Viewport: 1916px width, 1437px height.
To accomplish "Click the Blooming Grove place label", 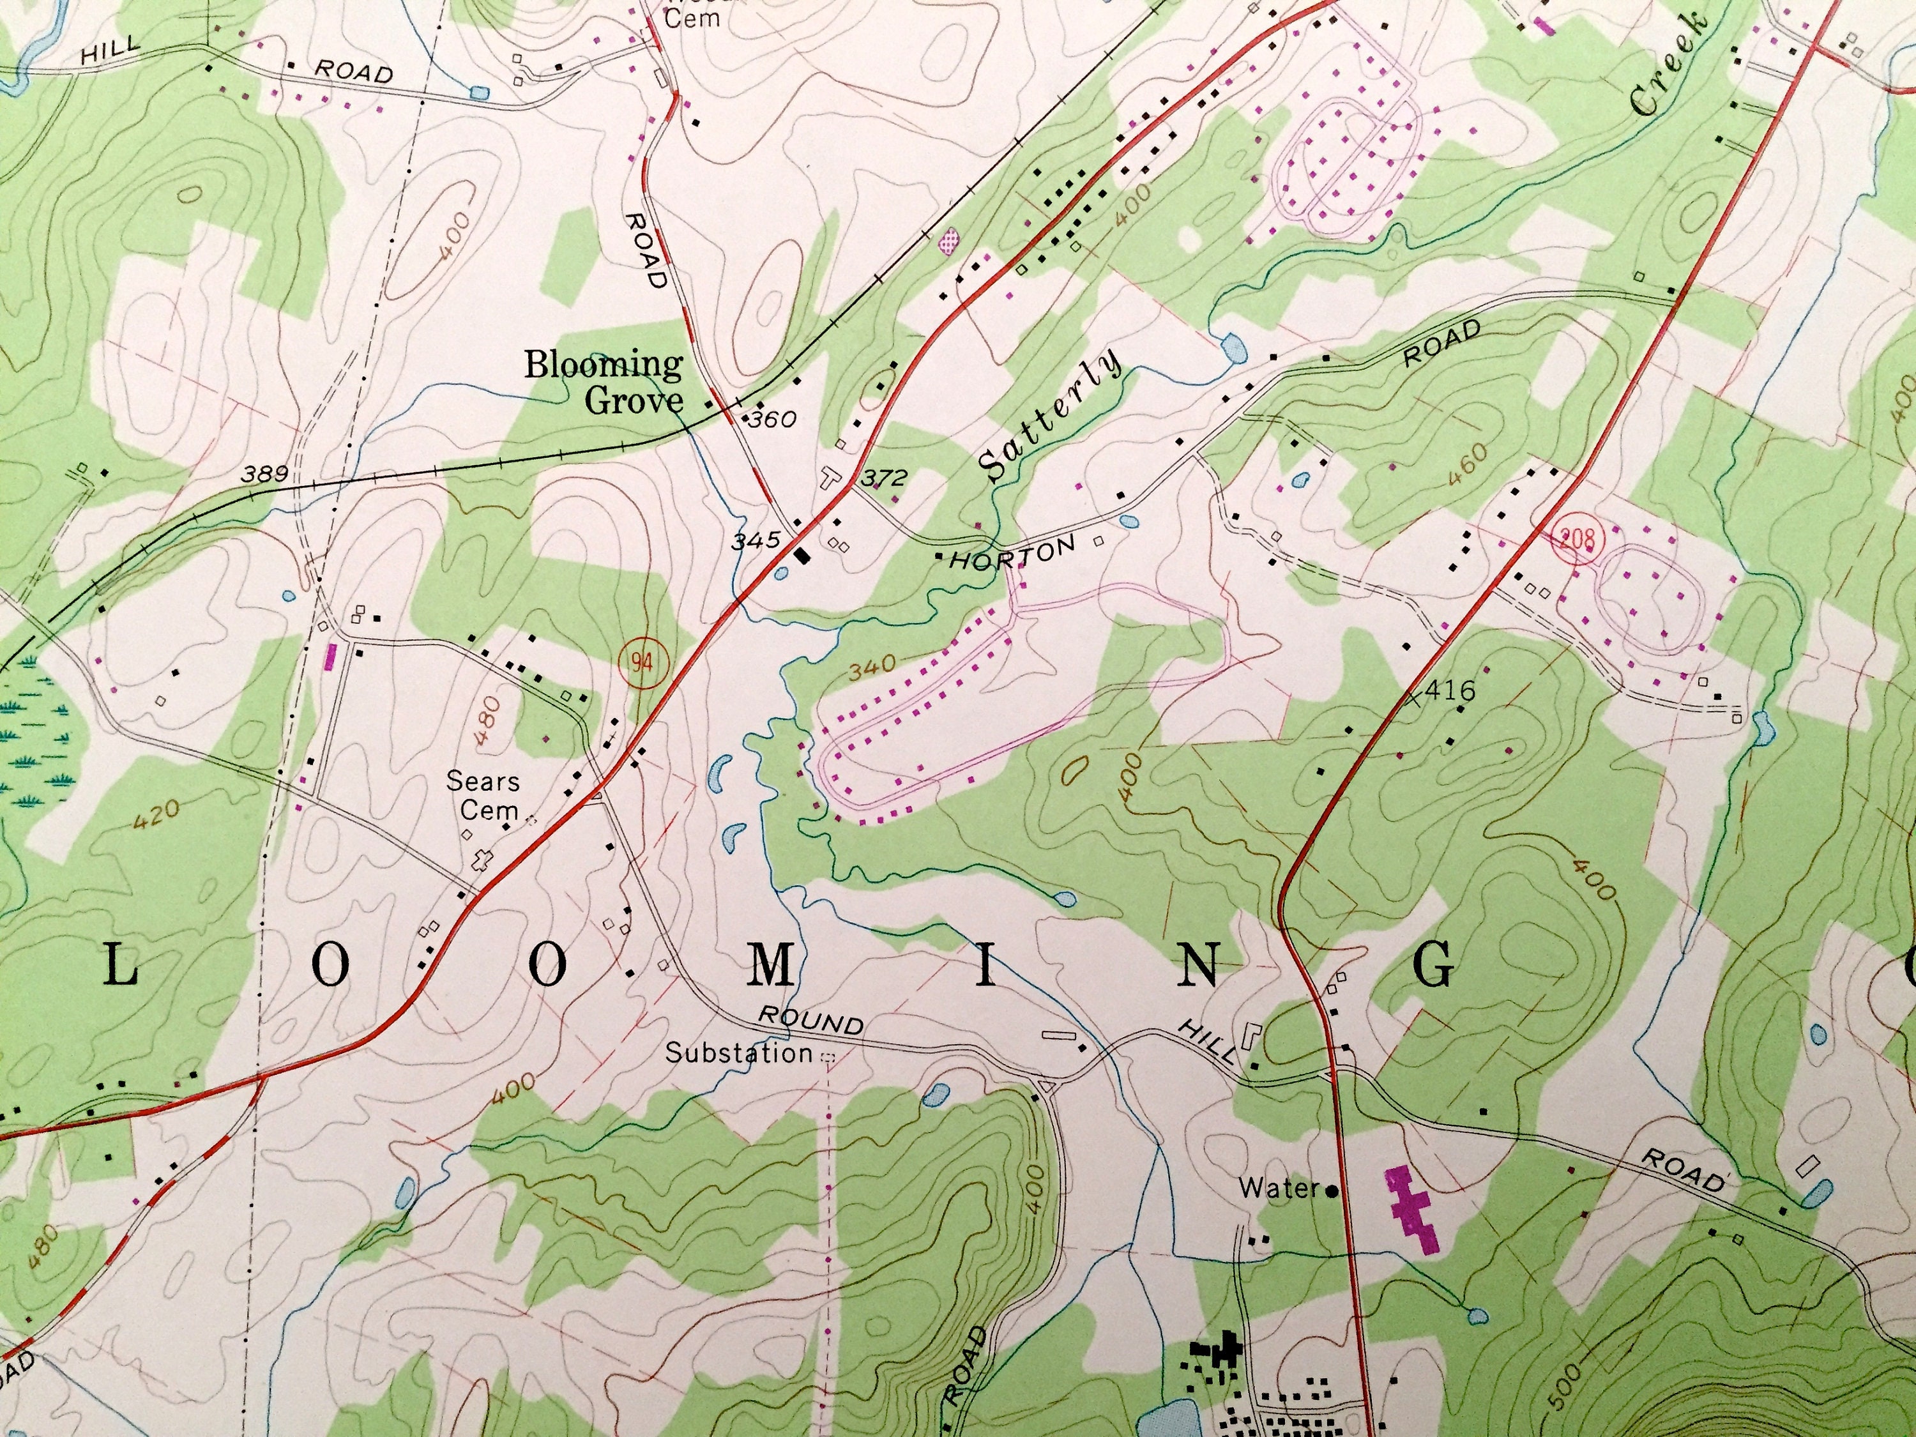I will tap(604, 382).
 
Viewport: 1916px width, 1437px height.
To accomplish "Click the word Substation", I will tap(738, 1053).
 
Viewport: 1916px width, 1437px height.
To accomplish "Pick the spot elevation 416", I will tap(1449, 690).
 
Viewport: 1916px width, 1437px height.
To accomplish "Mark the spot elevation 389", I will tap(265, 474).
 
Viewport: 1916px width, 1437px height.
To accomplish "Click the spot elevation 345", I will tap(756, 542).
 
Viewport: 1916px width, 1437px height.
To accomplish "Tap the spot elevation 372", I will tap(883, 477).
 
